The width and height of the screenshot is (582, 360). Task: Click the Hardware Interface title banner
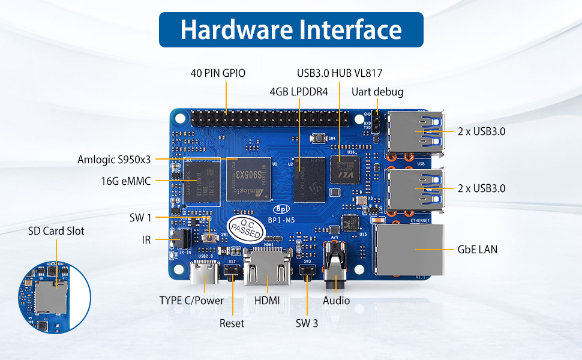(x=291, y=29)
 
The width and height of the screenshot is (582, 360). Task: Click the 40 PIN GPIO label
(x=218, y=73)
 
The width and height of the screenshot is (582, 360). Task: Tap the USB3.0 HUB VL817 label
(x=340, y=73)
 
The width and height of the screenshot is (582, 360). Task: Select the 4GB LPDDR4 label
(x=298, y=92)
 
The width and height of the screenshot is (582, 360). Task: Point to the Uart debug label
(x=377, y=92)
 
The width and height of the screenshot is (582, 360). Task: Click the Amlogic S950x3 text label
(x=114, y=160)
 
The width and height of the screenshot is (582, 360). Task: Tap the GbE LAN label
(x=477, y=249)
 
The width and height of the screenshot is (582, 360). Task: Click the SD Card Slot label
(x=56, y=231)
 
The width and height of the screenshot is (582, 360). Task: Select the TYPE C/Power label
(x=191, y=301)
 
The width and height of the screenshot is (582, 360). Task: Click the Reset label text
(x=232, y=323)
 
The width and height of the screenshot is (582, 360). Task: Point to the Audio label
(x=336, y=301)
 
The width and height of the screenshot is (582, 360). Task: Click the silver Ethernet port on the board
(x=410, y=249)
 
